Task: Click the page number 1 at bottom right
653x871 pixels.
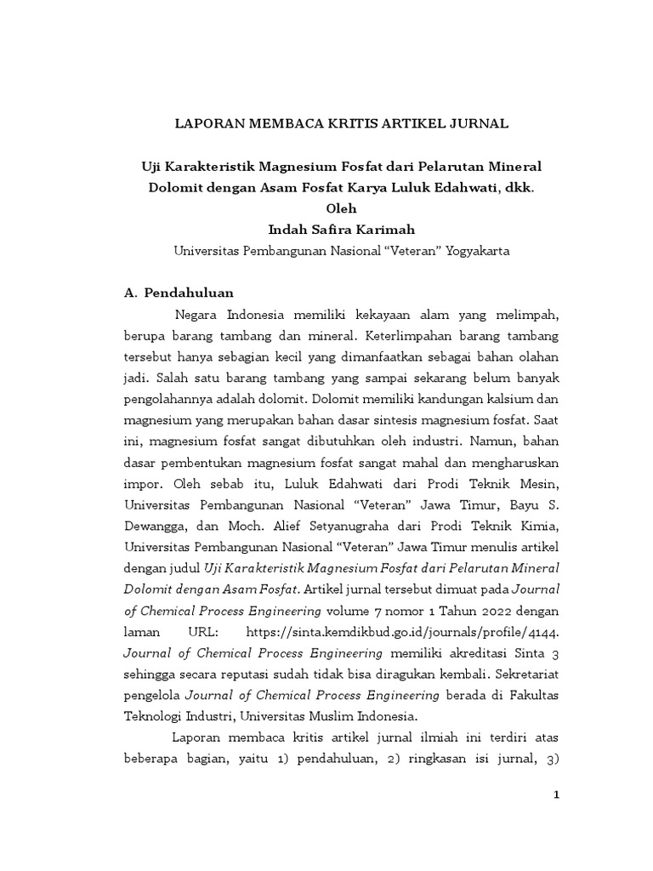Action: click(556, 794)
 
